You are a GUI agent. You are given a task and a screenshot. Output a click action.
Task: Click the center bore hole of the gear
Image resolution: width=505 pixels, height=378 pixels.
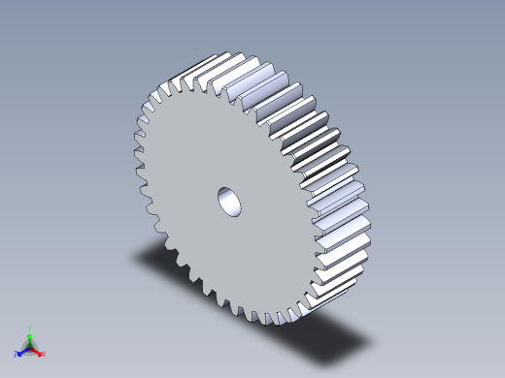pyautogui.click(x=230, y=201)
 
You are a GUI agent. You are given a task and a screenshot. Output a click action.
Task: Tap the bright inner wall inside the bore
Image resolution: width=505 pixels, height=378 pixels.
pyautogui.click(x=234, y=205)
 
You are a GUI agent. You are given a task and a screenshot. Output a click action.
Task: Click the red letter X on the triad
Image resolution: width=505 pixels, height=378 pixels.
pyautogui.click(x=44, y=354)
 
